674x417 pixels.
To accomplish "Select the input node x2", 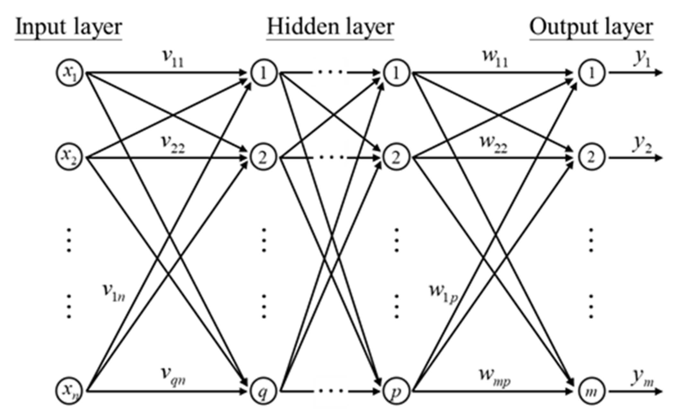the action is click(x=69, y=157).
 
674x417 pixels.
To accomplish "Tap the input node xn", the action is click(x=69, y=391).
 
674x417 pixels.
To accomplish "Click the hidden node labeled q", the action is click(x=263, y=391).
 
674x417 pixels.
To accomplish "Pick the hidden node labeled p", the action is click(x=396, y=391).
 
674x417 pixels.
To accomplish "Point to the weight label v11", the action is click(x=173, y=59).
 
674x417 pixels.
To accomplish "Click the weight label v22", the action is click(x=173, y=144).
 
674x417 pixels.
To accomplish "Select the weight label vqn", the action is click(x=173, y=376).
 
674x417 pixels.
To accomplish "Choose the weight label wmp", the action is click(x=495, y=377).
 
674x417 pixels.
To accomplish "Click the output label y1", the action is click(x=642, y=59).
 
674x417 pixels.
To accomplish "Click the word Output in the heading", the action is click(x=558, y=28).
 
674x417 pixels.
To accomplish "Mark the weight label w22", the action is click(x=493, y=144).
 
